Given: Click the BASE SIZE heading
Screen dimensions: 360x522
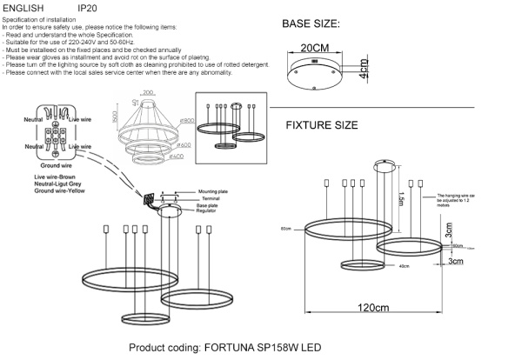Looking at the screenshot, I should click(x=311, y=23).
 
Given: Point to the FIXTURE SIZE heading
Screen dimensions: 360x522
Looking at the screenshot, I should click(x=321, y=125).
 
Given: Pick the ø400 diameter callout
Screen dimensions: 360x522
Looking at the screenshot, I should click(x=177, y=157).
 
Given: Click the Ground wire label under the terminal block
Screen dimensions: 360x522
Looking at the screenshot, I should click(x=55, y=163).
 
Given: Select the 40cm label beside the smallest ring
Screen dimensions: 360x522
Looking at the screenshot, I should click(x=378, y=266).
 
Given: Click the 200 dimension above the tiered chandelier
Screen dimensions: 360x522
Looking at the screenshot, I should click(x=147, y=91).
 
